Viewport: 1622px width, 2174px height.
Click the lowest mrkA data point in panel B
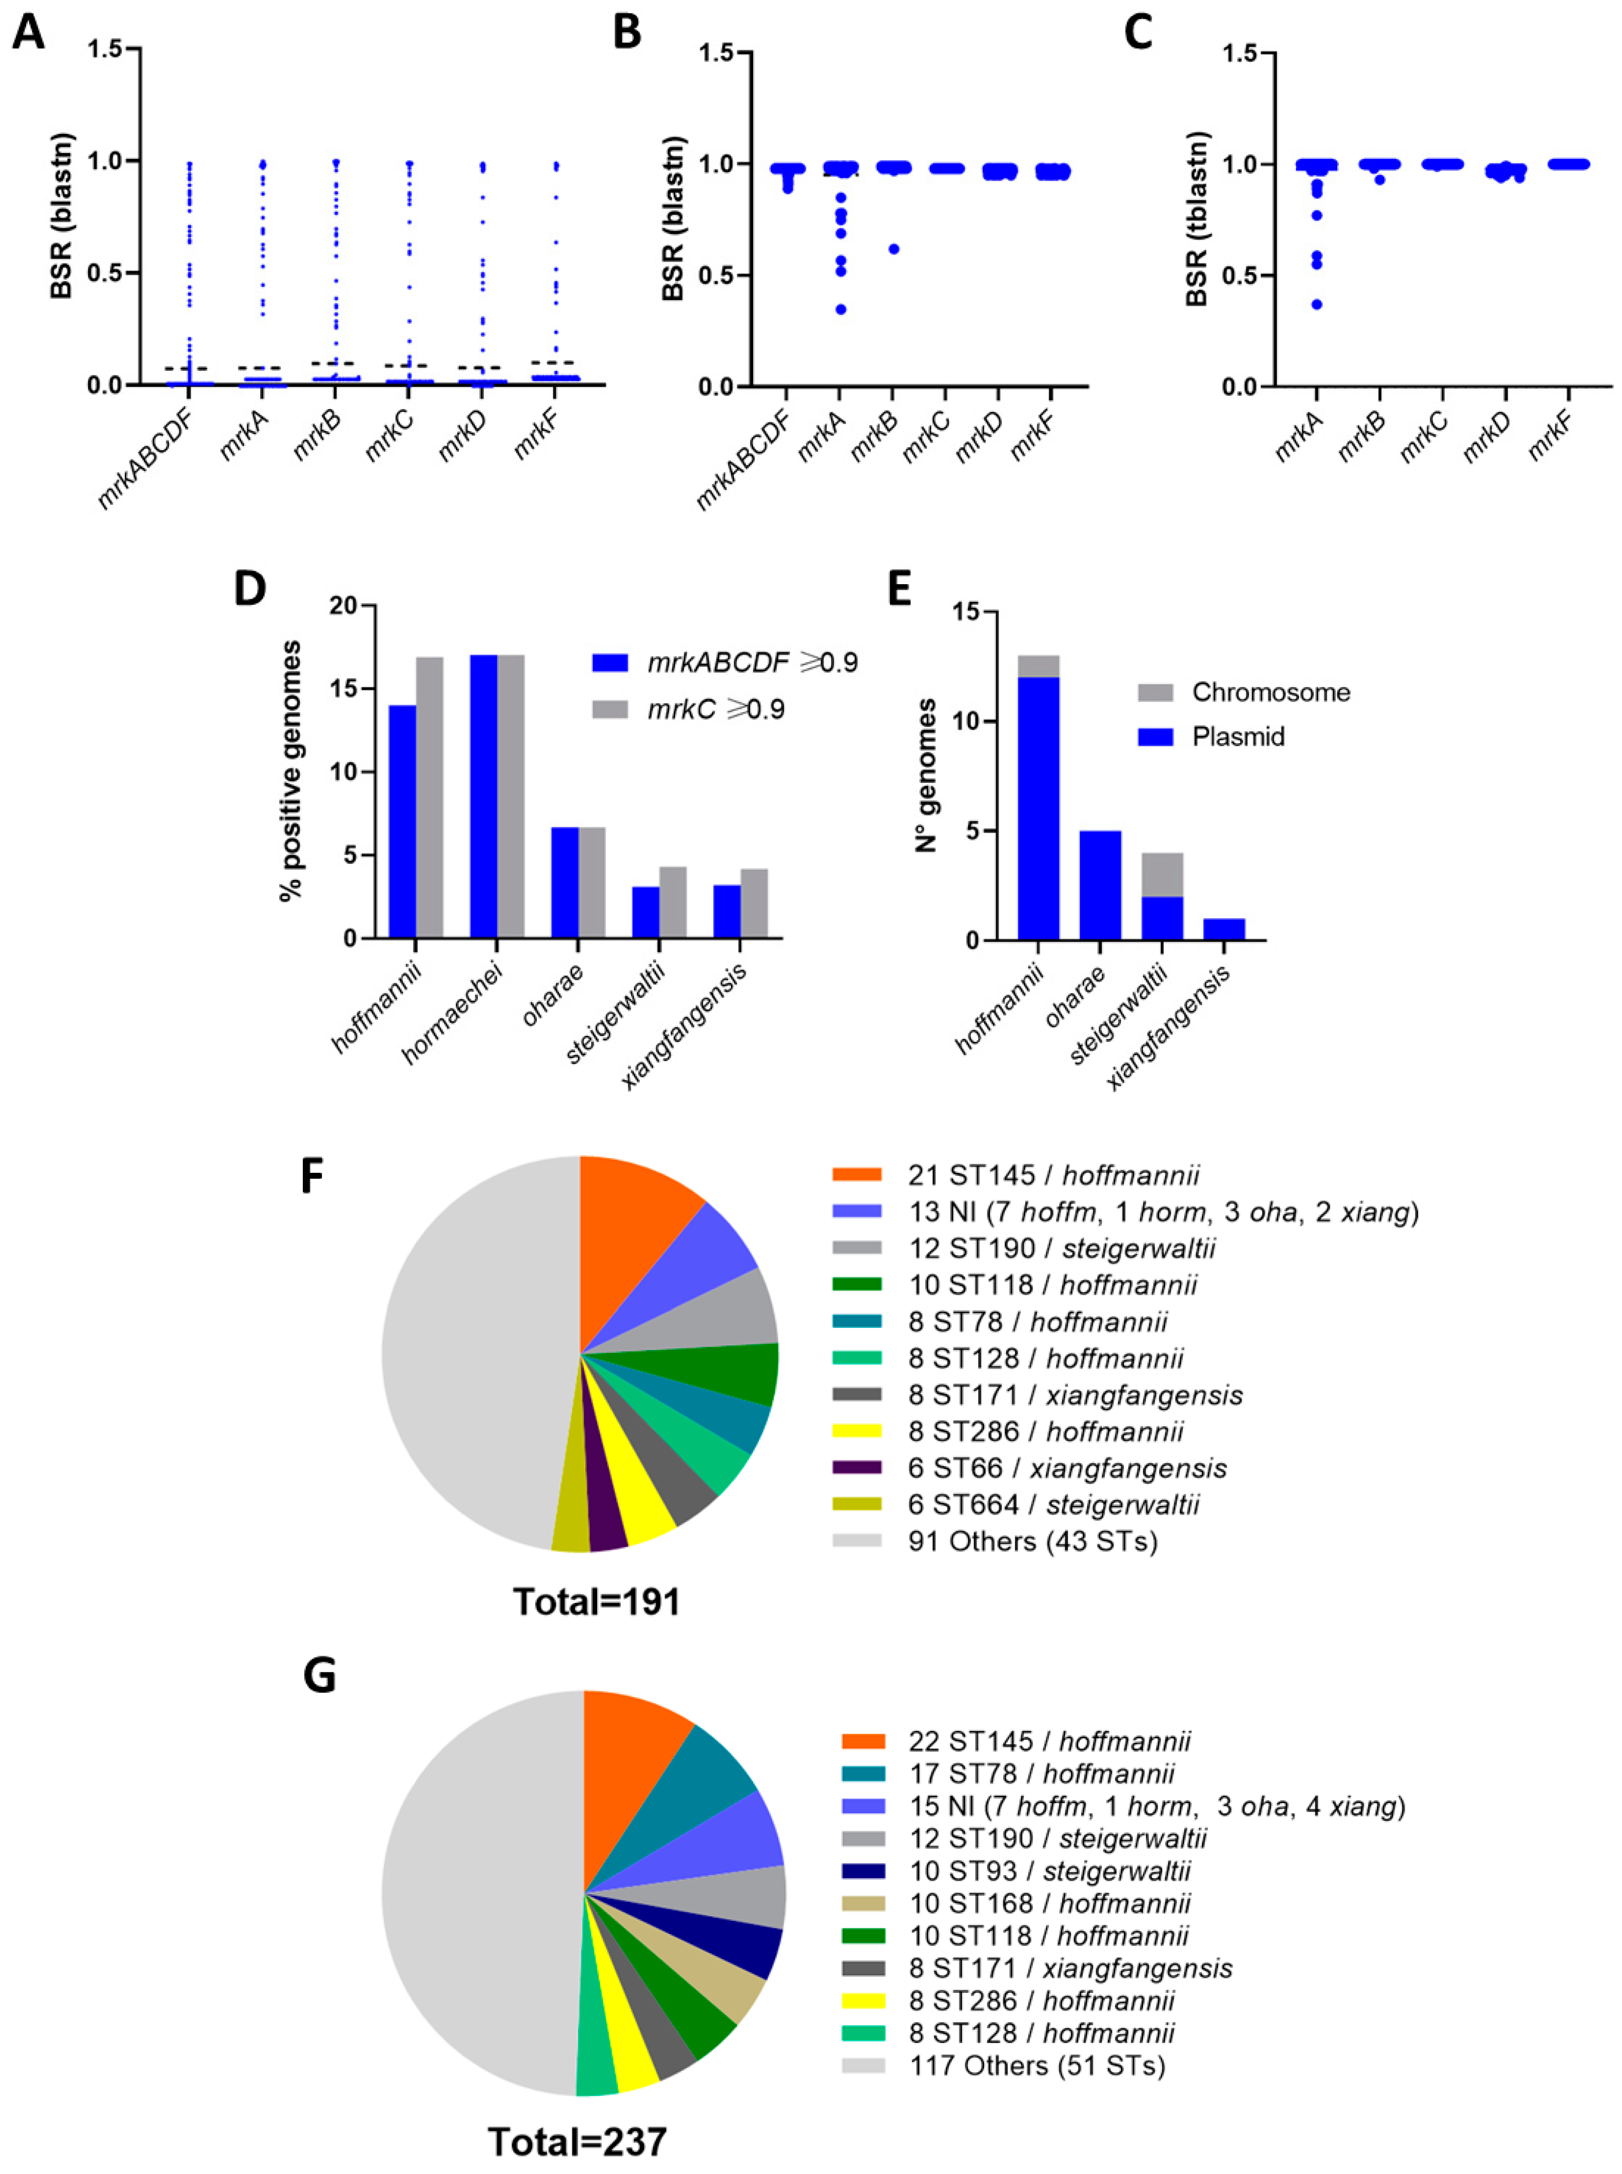[841, 309]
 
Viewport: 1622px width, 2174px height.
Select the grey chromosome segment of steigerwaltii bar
[1162, 875]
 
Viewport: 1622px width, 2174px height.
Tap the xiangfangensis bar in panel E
[1224, 929]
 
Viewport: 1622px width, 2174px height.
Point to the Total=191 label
[596, 1601]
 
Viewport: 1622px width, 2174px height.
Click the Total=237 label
[578, 2141]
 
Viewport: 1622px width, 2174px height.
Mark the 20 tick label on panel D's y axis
[344, 607]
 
